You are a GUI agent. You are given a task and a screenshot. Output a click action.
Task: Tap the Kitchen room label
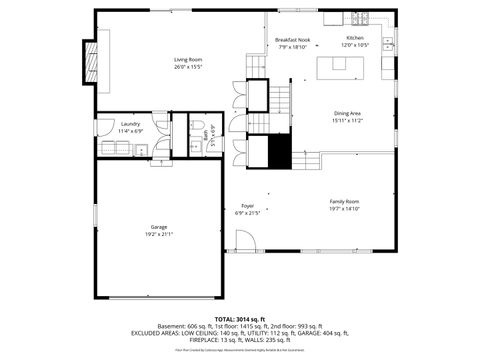355,39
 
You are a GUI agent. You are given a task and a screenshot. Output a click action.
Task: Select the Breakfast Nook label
293,39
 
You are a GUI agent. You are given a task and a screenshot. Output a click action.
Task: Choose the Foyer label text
247,206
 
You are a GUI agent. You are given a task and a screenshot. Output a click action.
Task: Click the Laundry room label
131,124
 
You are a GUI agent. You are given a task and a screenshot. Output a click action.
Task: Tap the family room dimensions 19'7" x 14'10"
344,208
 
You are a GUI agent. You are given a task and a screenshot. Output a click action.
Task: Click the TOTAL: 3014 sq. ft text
240,318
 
